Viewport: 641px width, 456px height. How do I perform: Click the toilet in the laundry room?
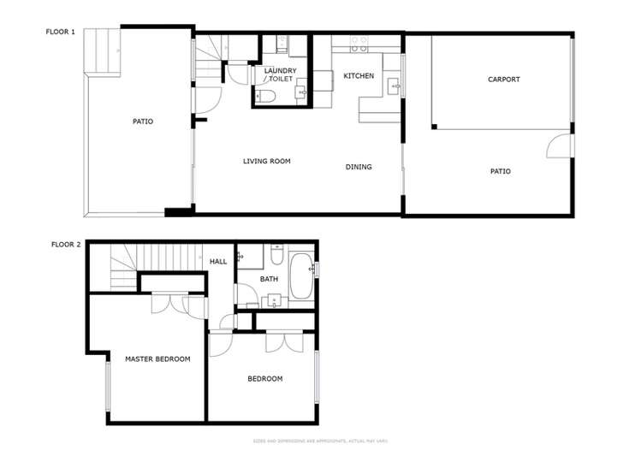pos(266,97)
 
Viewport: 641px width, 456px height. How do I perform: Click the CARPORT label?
pos(503,80)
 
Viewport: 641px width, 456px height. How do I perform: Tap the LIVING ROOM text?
pos(267,161)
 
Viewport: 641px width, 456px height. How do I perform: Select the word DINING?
pos(359,167)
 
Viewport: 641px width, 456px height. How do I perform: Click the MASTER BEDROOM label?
pos(157,358)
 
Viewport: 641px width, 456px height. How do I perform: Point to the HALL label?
pos(218,261)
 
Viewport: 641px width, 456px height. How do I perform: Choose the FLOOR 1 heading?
pos(61,32)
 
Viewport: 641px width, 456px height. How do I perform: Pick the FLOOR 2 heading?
pos(66,244)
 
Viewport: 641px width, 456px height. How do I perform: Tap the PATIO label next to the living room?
pos(142,121)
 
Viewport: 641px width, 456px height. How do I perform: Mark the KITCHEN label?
pos(359,76)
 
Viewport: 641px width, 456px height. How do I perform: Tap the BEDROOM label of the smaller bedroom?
pos(264,378)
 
